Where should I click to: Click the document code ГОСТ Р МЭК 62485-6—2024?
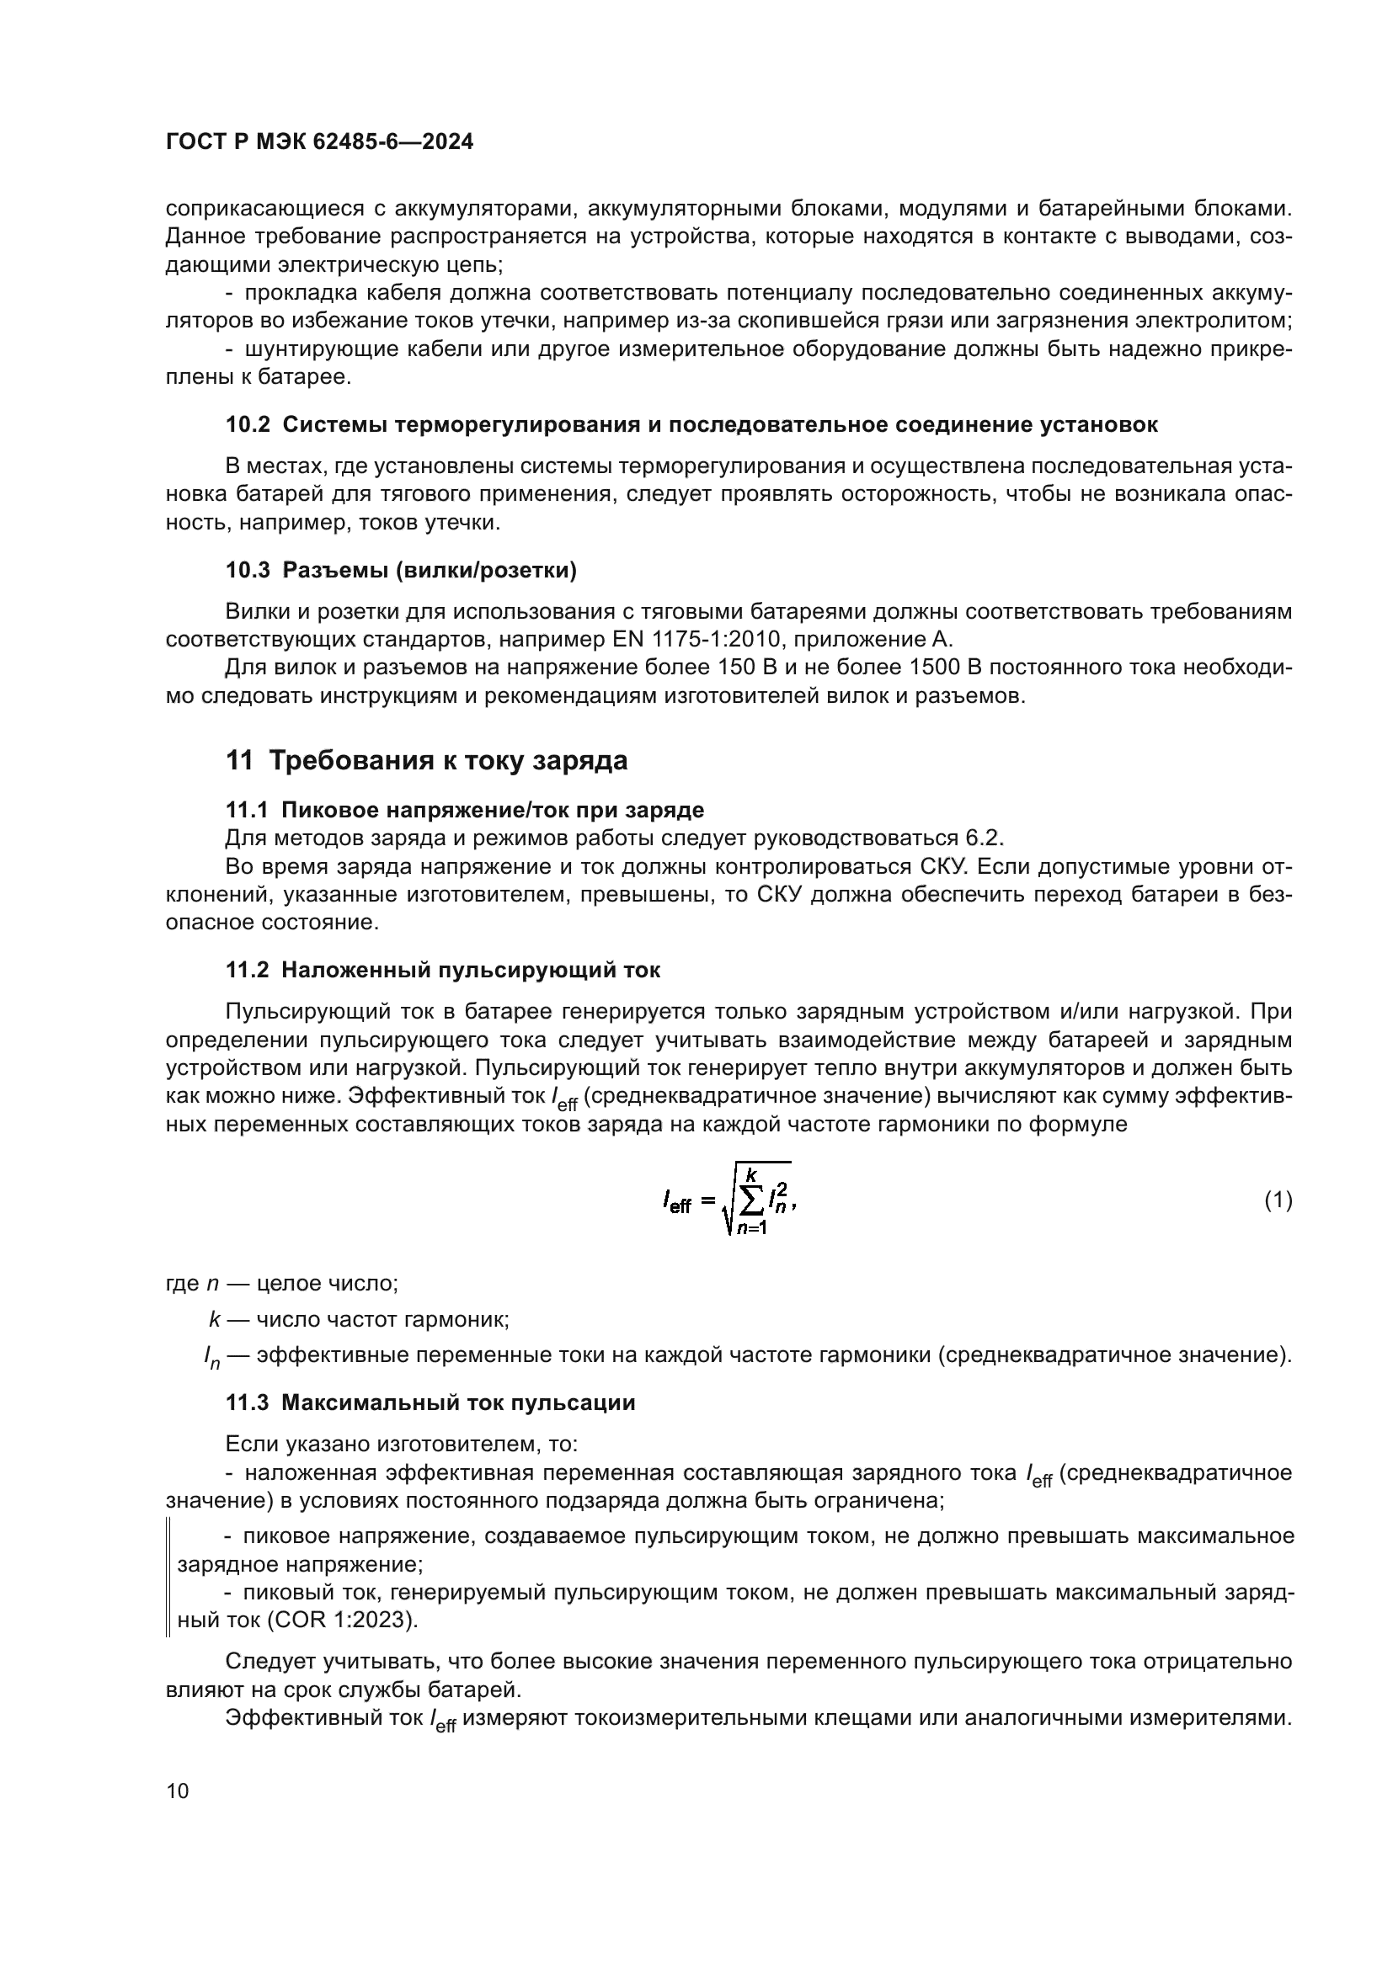[x=319, y=142]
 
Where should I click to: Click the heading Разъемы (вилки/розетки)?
[x=429, y=570]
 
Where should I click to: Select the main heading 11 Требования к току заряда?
[x=426, y=761]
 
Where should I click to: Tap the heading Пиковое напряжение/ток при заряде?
[x=493, y=810]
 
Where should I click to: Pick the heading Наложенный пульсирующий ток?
[x=471, y=970]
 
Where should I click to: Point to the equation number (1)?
[x=1278, y=1200]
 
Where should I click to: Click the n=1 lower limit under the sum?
[x=751, y=1229]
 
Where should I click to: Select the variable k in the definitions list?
[x=214, y=1319]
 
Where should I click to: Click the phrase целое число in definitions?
[x=327, y=1283]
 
